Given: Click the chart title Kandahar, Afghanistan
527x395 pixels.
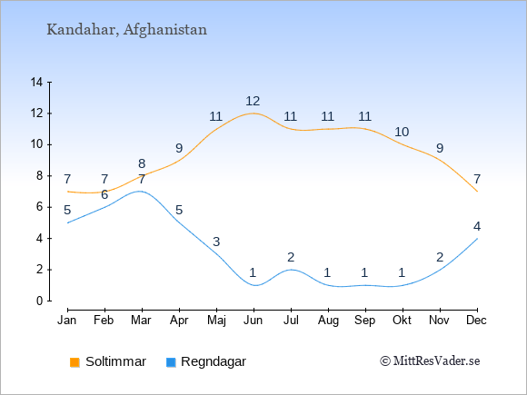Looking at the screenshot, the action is pyautogui.click(x=126, y=30).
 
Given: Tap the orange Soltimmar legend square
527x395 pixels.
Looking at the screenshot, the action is pyautogui.click(x=75, y=362).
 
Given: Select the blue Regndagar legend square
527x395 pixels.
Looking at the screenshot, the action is pyautogui.click(x=171, y=362).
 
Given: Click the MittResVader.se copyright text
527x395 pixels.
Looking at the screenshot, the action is pyautogui.click(x=430, y=361).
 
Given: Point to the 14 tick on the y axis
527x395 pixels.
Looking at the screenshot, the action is pyautogui.click(x=36, y=82).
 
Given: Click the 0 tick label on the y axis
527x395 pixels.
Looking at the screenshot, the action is pyautogui.click(x=40, y=301).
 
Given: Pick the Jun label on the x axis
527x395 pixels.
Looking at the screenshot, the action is pyautogui.click(x=254, y=321).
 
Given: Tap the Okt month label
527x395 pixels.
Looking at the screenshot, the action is pyautogui.click(x=402, y=321).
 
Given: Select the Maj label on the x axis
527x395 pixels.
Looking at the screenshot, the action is pyautogui.click(x=216, y=321).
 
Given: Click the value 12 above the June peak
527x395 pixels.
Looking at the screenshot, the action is pyautogui.click(x=253, y=101).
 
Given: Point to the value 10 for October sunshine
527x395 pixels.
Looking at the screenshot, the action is pyautogui.click(x=402, y=132).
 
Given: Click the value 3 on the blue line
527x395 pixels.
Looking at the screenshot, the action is pyautogui.click(x=216, y=242).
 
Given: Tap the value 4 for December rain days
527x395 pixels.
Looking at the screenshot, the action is pyautogui.click(x=477, y=226).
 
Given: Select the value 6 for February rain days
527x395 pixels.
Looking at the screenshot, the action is pyautogui.click(x=104, y=194).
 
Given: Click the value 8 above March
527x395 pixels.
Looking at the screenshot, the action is pyautogui.click(x=142, y=163).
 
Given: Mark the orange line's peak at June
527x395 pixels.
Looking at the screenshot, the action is pyautogui.click(x=254, y=114).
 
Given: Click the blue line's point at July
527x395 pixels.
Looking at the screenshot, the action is pyautogui.click(x=291, y=270).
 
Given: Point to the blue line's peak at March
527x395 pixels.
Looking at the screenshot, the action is pyautogui.click(x=140, y=191).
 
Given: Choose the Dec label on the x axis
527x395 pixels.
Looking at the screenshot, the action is pyautogui.click(x=477, y=321).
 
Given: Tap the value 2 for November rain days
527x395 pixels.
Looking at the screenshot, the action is pyautogui.click(x=440, y=257).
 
